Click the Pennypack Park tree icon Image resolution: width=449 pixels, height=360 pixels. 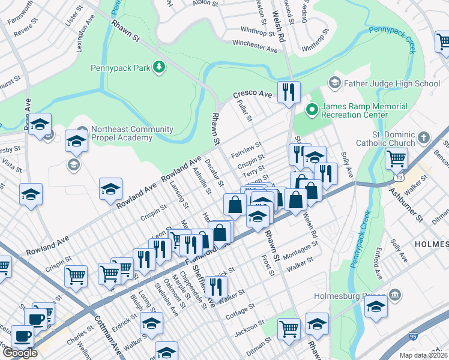coord(159,68)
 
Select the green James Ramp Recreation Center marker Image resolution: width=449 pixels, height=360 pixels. coord(311,109)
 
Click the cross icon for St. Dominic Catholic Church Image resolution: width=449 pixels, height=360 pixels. coord(424,137)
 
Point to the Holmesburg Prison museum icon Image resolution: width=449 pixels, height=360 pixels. coord(395,295)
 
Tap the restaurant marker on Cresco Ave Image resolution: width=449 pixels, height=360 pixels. coord(289,92)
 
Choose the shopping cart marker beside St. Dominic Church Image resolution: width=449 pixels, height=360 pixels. coord(396,160)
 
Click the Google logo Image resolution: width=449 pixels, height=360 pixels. coord(20,352)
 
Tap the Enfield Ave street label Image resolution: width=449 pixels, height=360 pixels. coord(377,266)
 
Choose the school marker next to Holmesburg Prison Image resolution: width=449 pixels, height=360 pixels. coord(376,306)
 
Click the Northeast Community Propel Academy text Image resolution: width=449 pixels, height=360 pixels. coord(132,133)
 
